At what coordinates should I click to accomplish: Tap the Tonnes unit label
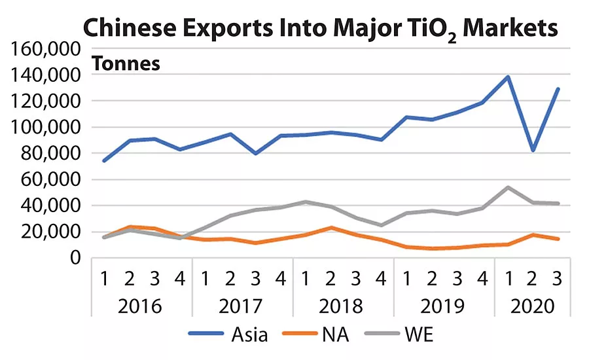(126, 64)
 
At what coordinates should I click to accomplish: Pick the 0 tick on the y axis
(75, 259)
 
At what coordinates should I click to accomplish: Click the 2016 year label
(141, 306)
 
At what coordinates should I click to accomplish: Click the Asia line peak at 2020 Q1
(508, 77)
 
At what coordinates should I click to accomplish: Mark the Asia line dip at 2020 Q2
(533, 151)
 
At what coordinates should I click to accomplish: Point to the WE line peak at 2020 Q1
(508, 187)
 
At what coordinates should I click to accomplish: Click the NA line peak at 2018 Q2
(331, 228)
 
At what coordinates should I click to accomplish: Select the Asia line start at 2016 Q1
(104, 160)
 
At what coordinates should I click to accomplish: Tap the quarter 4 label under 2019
(482, 279)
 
